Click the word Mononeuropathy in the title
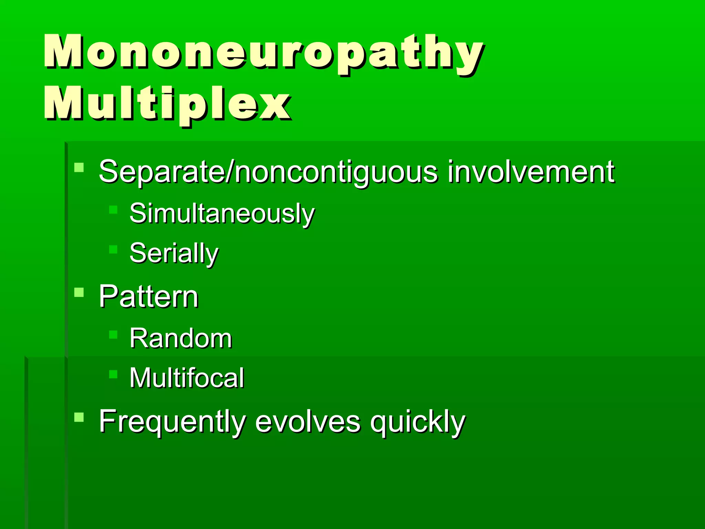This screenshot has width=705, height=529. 263,52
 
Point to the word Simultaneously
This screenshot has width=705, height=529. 222,214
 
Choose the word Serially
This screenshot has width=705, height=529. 174,253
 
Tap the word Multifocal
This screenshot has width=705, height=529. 187,378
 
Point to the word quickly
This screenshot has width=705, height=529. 418,422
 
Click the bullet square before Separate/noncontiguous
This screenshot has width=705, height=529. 79,168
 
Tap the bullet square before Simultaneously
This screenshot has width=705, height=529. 113,210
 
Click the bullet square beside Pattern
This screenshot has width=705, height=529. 79,292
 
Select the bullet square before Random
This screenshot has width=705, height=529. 113,334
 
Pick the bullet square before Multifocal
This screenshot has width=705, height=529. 113,374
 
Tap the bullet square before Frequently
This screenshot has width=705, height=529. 79,417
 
